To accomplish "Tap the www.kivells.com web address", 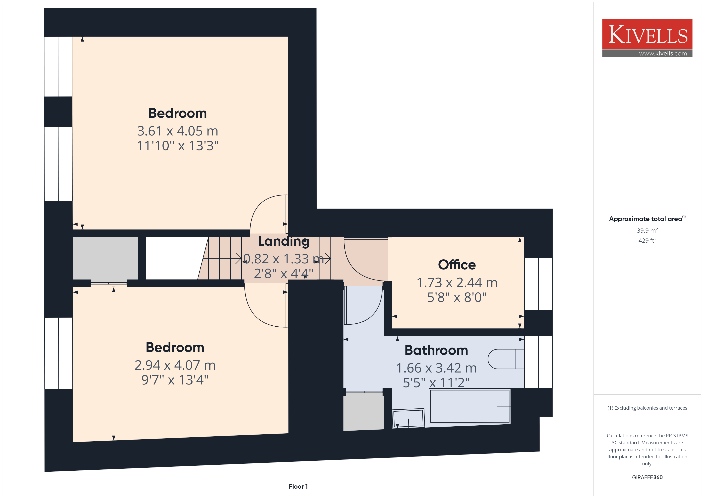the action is click(x=663, y=53).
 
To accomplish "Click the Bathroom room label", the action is click(x=436, y=350).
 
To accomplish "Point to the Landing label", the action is click(x=284, y=241).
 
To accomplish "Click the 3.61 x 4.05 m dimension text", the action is click(x=178, y=131).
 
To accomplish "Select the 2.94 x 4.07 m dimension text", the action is click(x=175, y=365).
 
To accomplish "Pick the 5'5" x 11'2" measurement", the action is click(x=436, y=383).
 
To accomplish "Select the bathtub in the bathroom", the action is click(x=470, y=406).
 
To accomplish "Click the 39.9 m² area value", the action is click(x=647, y=230).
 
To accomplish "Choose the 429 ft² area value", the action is click(x=647, y=240).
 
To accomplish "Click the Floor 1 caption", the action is click(x=298, y=486).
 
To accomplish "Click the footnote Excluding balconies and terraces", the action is click(x=647, y=408).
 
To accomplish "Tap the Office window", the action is click(x=538, y=284).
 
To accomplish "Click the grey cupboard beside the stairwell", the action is click(x=105, y=258).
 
